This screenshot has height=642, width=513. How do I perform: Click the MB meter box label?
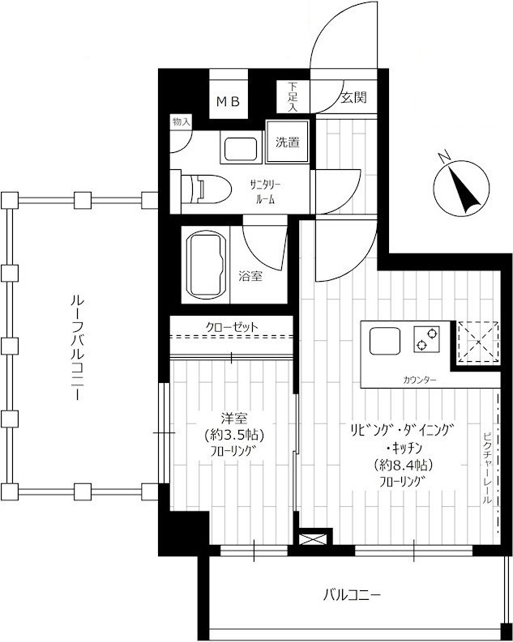(228, 101)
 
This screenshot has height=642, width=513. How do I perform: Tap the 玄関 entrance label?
(353, 97)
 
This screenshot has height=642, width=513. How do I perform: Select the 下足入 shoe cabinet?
(292, 97)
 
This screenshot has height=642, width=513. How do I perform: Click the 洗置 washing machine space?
(287, 142)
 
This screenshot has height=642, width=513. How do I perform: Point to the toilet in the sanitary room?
(206, 189)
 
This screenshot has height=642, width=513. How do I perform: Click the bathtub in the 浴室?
(207, 264)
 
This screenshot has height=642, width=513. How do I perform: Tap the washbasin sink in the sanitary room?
(241, 149)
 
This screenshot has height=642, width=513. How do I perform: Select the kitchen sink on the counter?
(385, 341)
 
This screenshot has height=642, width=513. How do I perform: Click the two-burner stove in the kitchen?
(426, 339)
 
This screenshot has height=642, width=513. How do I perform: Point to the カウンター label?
(419, 380)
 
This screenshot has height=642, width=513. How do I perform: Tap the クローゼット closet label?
(232, 327)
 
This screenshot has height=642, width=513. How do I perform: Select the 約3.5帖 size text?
(234, 435)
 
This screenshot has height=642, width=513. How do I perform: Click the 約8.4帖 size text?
(404, 465)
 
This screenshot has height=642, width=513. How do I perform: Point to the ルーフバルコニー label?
(78, 347)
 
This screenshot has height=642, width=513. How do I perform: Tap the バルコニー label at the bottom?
(352, 594)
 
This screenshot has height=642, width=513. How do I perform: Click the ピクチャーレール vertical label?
(487, 468)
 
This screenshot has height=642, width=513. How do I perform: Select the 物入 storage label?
(181, 121)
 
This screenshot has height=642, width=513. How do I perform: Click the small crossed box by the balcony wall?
(314, 539)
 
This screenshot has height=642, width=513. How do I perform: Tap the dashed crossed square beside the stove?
(479, 342)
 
